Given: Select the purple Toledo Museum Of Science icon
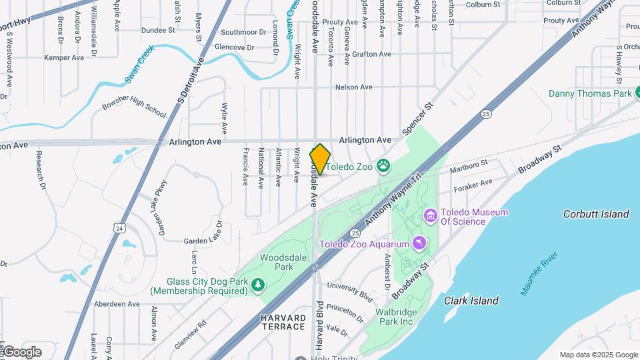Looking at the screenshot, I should (x=430, y=216).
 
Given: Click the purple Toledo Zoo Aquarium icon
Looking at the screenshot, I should (x=418, y=244).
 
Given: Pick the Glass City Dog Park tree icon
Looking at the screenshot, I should (x=258, y=285).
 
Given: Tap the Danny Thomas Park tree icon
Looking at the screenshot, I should (x=638, y=93).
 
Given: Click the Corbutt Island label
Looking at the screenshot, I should (x=596, y=214).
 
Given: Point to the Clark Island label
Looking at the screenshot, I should (x=471, y=301).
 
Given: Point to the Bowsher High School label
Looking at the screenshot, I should (x=133, y=106).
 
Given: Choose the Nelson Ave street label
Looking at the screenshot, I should (x=353, y=87).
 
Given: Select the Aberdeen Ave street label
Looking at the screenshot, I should (x=117, y=303).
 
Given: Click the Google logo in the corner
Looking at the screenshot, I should (x=22, y=351).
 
